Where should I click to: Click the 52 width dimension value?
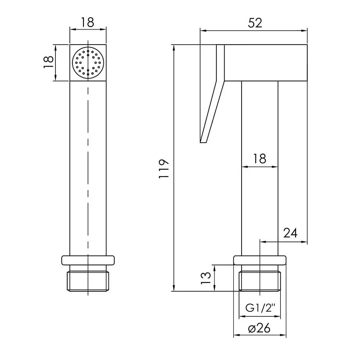(x=255, y=23)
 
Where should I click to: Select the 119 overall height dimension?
(x=164, y=168)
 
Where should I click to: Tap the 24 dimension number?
(x=290, y=233)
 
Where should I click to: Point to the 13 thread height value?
(x=206, y=278)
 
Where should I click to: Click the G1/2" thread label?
(x=260, y=308)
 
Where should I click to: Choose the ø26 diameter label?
(x=260, y=328)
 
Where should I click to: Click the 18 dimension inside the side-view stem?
(x=260, y=158)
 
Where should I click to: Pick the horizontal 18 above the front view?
(x=87, y=22)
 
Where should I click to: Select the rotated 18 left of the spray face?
(x=49, y=62)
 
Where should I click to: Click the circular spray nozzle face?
(x=88, y=63)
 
